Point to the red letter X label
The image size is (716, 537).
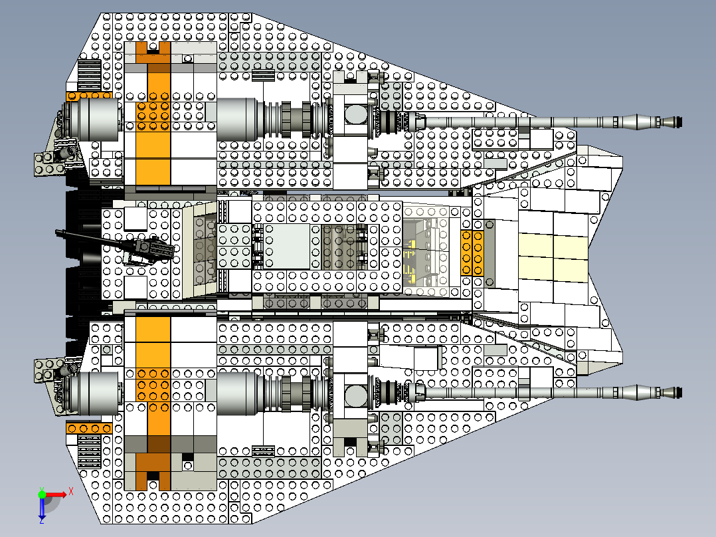71,492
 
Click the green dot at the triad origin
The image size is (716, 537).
41,494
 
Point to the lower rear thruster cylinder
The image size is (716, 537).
94,393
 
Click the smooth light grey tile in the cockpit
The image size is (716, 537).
288,246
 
